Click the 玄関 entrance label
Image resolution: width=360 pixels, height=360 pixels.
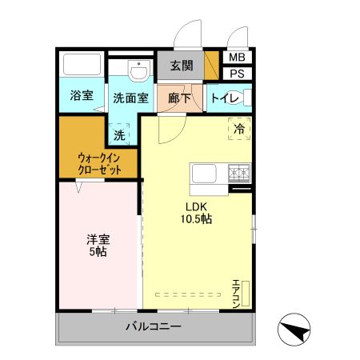(182, 66)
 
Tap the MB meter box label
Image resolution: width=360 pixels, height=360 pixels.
(238, 58)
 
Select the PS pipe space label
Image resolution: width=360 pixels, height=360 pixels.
(238, 74)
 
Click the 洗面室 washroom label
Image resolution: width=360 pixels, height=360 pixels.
(130, 98)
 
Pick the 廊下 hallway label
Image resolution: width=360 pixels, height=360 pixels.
(181, 98)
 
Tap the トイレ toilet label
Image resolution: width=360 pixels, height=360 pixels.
(225, 98)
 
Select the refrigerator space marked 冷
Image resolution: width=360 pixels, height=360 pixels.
(238, 127)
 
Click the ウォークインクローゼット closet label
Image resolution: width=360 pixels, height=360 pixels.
(100, 164)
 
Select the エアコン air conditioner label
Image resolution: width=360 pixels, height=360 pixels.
(237, 293)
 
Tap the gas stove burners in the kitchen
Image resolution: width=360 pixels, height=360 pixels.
(238, 172)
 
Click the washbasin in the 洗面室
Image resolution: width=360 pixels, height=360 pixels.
(138, 71)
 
